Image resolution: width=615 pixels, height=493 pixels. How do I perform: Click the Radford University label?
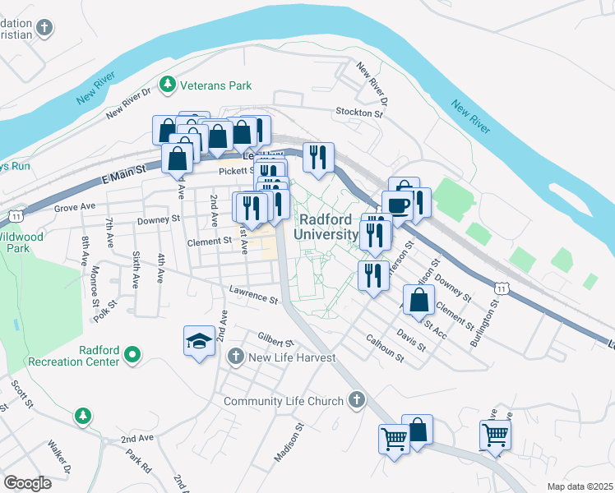[x=331, y=227]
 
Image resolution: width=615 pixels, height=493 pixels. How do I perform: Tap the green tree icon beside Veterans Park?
[x=168, y=84]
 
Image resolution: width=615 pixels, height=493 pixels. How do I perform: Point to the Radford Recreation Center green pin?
[x=132, y=356]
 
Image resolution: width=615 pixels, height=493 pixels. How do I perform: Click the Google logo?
[x=27, y=483]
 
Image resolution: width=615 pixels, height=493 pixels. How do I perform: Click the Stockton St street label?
[x=359, y=112]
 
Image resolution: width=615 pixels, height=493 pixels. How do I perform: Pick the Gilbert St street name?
[x=275, y=341]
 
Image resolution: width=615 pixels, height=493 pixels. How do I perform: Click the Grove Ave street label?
[x=76, y=207]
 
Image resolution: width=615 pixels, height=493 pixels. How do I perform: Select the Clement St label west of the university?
[x=209, y=242]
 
